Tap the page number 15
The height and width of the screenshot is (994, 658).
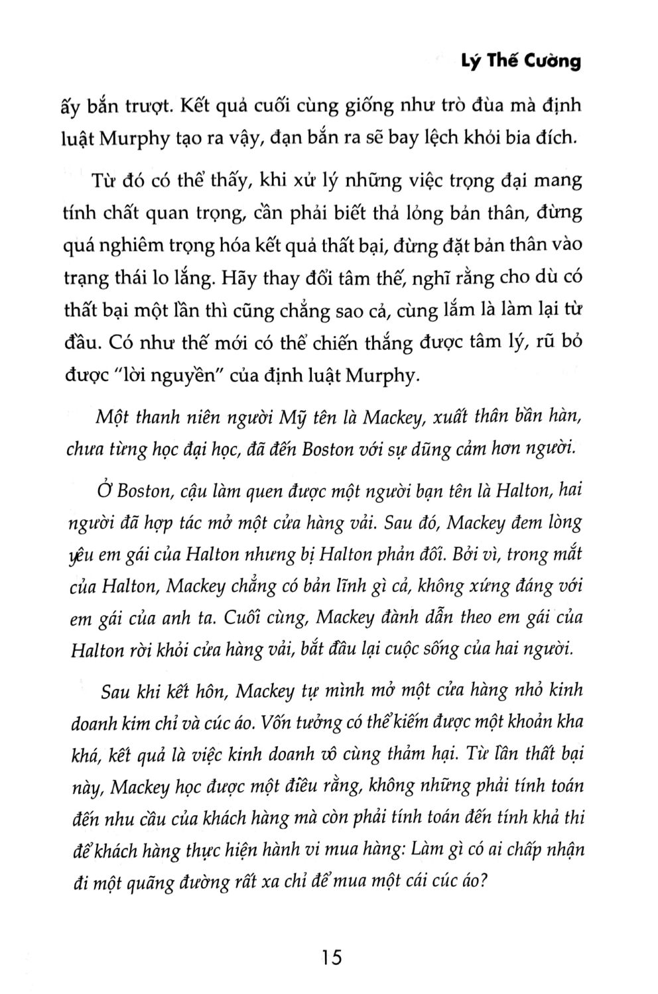click(329, 958)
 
